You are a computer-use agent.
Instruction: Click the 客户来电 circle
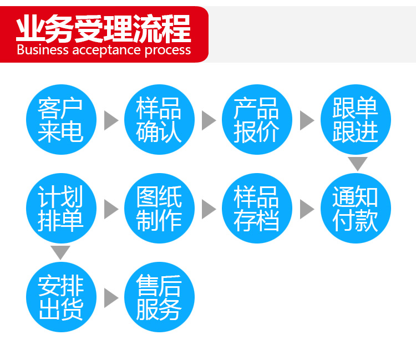[61, 120]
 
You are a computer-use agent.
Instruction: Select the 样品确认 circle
[159, 120]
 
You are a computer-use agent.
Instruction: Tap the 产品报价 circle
[257, 120]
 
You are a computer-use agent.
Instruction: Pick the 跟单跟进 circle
[356, 120]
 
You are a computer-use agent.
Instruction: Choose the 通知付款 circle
[356, 208]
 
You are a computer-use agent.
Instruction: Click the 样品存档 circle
[257, 208]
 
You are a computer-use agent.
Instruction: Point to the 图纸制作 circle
[159, 208]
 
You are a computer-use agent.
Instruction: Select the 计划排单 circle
[61, 208]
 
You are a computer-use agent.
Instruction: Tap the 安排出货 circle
[61, 297]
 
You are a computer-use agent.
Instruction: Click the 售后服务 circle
[159, 297]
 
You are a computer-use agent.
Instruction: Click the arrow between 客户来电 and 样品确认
[111, 120]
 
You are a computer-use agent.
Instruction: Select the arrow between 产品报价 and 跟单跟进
[307, 120]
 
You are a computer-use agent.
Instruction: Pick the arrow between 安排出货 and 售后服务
[111, 298]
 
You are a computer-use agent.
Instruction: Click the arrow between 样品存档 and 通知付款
[307, 209]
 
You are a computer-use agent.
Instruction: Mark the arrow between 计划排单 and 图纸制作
[111, 209]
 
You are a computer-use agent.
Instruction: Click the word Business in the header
[43, 50]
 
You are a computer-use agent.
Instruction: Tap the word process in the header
[168, 50]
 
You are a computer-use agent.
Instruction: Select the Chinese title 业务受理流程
[104, 28]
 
